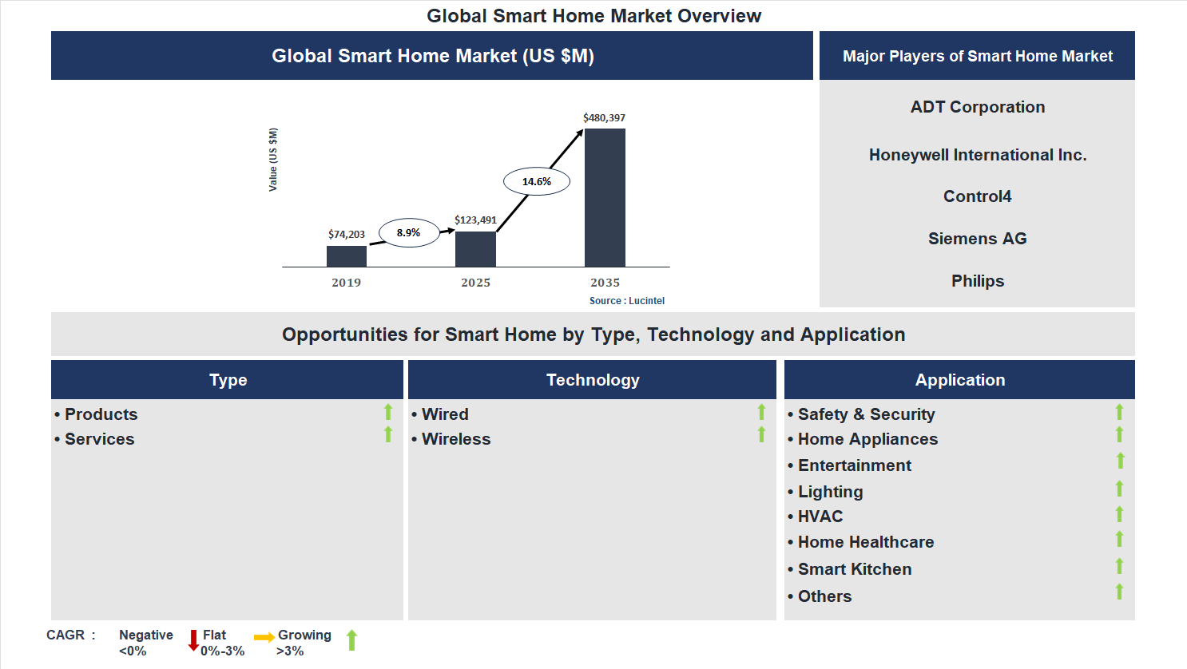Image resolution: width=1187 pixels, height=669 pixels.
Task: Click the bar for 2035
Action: (605, 197)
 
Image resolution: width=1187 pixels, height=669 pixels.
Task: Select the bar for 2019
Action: (347, 256)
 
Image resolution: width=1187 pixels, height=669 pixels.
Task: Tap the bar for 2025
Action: (475, 249)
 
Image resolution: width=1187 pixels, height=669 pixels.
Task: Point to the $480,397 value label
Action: (604, 117)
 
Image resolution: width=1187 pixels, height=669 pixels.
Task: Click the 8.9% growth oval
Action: (408, 232)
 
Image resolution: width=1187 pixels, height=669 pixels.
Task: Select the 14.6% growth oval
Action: (537, 181)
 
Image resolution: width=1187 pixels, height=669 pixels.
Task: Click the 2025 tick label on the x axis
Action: (475, 283)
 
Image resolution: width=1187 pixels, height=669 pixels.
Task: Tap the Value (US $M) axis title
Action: (273, 160)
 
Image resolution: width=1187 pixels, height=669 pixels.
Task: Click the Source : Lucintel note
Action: (626, 301)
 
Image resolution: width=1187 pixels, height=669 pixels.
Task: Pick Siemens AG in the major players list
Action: (977, 239)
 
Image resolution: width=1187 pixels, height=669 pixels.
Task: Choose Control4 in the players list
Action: (977, 196)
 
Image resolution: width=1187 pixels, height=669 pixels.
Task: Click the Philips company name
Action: (977, 281)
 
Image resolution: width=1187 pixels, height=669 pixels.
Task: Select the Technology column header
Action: (592, 380)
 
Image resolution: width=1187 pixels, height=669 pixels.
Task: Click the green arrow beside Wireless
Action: (761, 435)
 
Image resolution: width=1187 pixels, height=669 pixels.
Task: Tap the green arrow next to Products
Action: (388, 412)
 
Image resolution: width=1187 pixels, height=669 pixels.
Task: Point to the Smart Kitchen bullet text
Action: (854, 569)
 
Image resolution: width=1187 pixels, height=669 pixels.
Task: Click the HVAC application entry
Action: (820, 517)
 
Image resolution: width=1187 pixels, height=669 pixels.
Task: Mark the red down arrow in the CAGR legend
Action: (193, 640)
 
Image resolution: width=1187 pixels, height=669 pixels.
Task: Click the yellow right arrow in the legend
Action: (264, 637)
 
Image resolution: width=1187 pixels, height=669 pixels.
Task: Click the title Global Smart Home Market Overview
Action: (593, 16)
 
